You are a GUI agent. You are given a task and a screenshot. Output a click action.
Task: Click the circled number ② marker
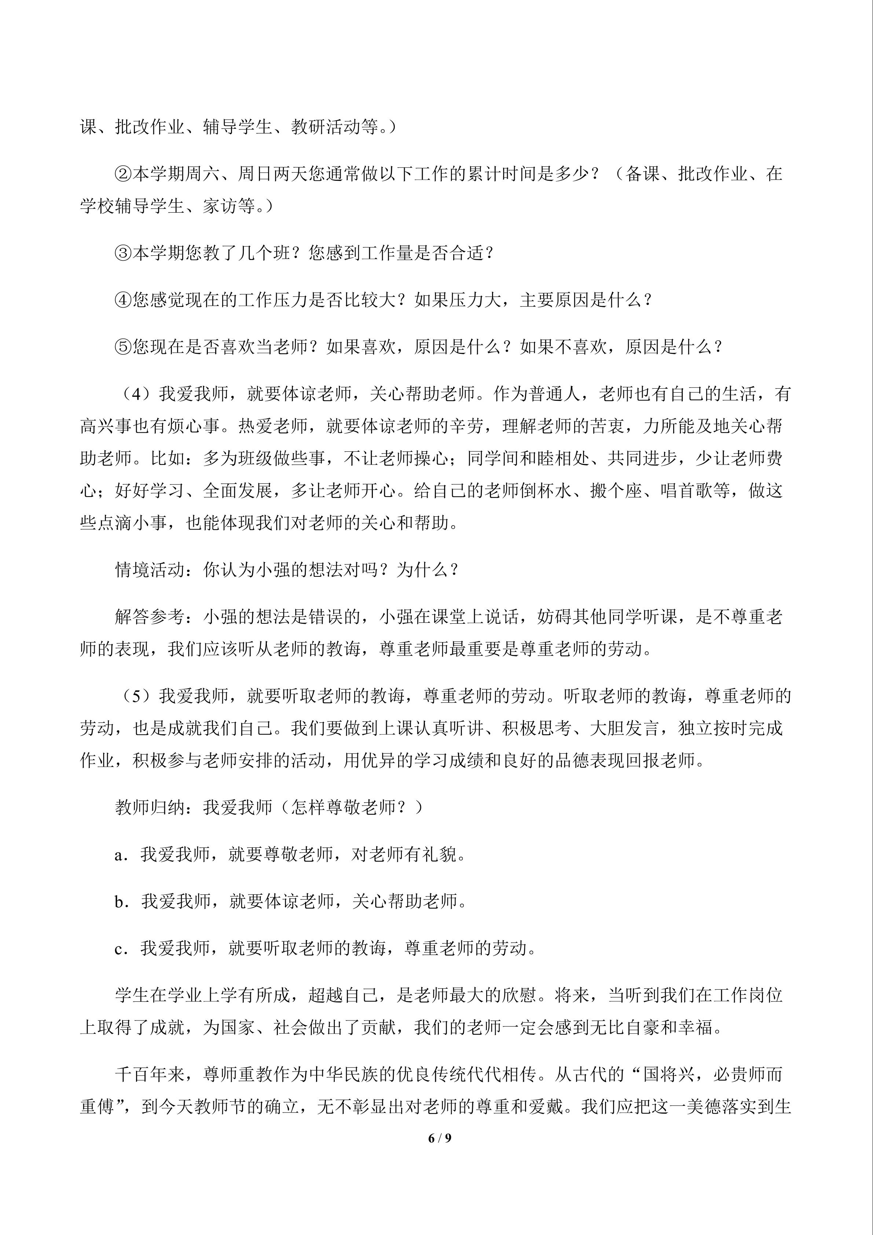(123, 174)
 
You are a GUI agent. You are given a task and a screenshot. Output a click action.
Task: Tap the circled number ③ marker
(123, 253)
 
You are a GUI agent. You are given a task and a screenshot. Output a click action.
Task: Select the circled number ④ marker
(123, 300)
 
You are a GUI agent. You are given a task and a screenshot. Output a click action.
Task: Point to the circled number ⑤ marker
(123, 347)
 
